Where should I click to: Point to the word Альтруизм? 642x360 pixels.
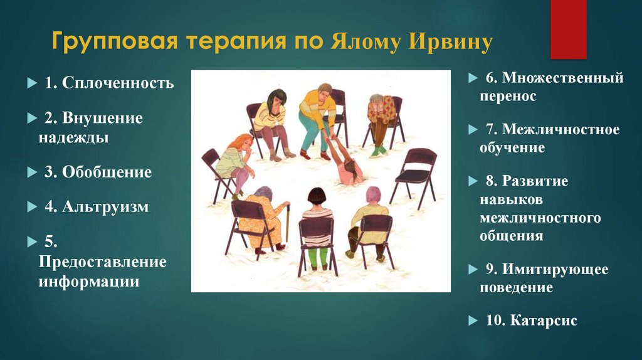point(105,206)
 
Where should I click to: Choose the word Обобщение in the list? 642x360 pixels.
point(107,172)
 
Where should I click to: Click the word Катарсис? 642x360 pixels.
point(544,320)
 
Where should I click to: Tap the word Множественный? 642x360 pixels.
point(554,79)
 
